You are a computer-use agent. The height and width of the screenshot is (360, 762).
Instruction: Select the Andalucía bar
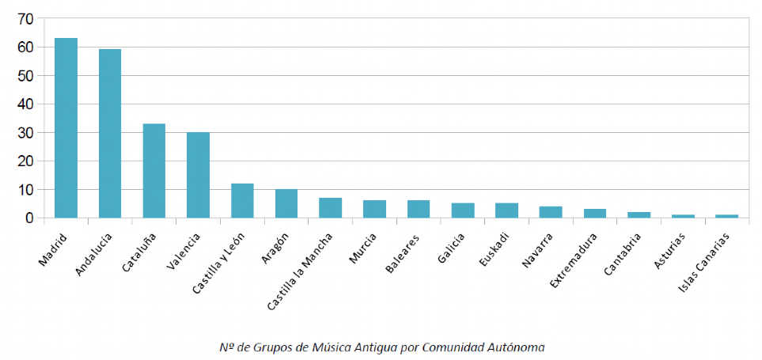[x=110, y=134]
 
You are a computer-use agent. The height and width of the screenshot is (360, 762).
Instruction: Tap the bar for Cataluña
[x=154, y=170]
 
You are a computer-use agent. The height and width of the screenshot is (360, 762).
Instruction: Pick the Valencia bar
[x=198, y=175]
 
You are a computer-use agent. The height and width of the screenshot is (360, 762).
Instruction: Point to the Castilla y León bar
[x=242, y=200]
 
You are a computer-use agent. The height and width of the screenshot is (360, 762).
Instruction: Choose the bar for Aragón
[x=286, y=203]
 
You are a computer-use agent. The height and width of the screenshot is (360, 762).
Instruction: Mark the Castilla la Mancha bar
[x=331, y=207]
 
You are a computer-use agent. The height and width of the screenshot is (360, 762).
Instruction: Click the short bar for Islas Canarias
[x=727, y=216]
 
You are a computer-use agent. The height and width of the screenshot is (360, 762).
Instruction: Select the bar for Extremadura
[x=595, y=213]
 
